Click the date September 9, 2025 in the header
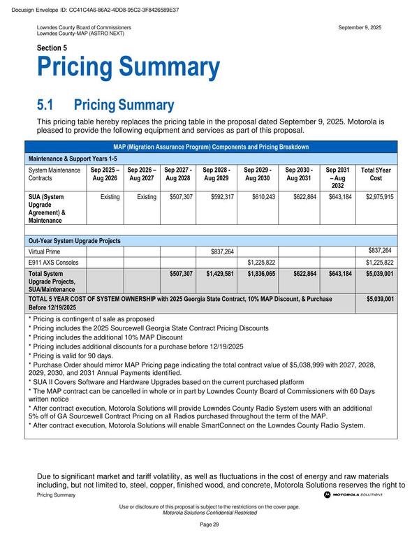click(360, 27)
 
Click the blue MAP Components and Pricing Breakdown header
click(211, 147)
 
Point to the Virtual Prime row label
click(46, 251)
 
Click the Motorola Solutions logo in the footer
click(353, 495)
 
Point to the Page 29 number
click(209, 524)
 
